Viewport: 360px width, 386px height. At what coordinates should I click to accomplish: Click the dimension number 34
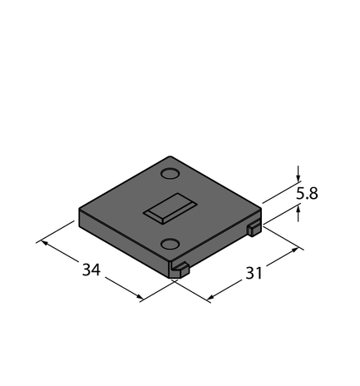[x=91, y=270]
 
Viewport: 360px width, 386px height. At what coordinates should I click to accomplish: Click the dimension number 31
[x=254, y=273]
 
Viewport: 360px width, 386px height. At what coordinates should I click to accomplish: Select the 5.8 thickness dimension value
[x=307, y=193]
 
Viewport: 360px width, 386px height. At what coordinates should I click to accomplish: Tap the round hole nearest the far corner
[x=170, y=173]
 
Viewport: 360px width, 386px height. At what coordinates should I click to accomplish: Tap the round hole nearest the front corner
[x=170, y=244]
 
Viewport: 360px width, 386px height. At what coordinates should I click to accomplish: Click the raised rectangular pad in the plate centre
[x=170, y=209]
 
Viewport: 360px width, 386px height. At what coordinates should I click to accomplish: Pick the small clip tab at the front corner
[x=180, y=270]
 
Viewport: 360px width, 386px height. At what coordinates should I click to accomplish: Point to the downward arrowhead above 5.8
[x=298, y=178]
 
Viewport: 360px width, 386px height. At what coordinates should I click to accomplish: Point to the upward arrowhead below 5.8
[x=298, y=209]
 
